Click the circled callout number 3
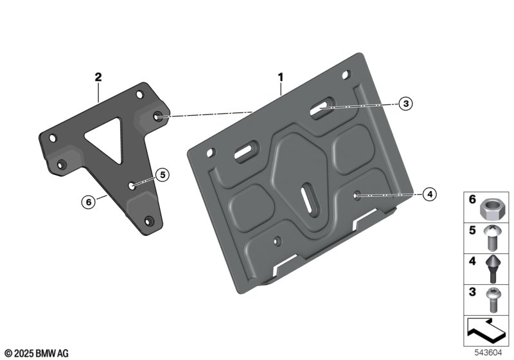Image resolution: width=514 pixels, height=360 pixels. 406,104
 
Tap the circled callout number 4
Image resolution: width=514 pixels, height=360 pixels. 429,194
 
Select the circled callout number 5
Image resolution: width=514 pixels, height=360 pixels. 163,175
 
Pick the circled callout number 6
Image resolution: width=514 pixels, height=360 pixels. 89,202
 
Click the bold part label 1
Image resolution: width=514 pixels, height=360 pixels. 281,77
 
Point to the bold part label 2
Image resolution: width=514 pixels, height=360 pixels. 98,77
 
